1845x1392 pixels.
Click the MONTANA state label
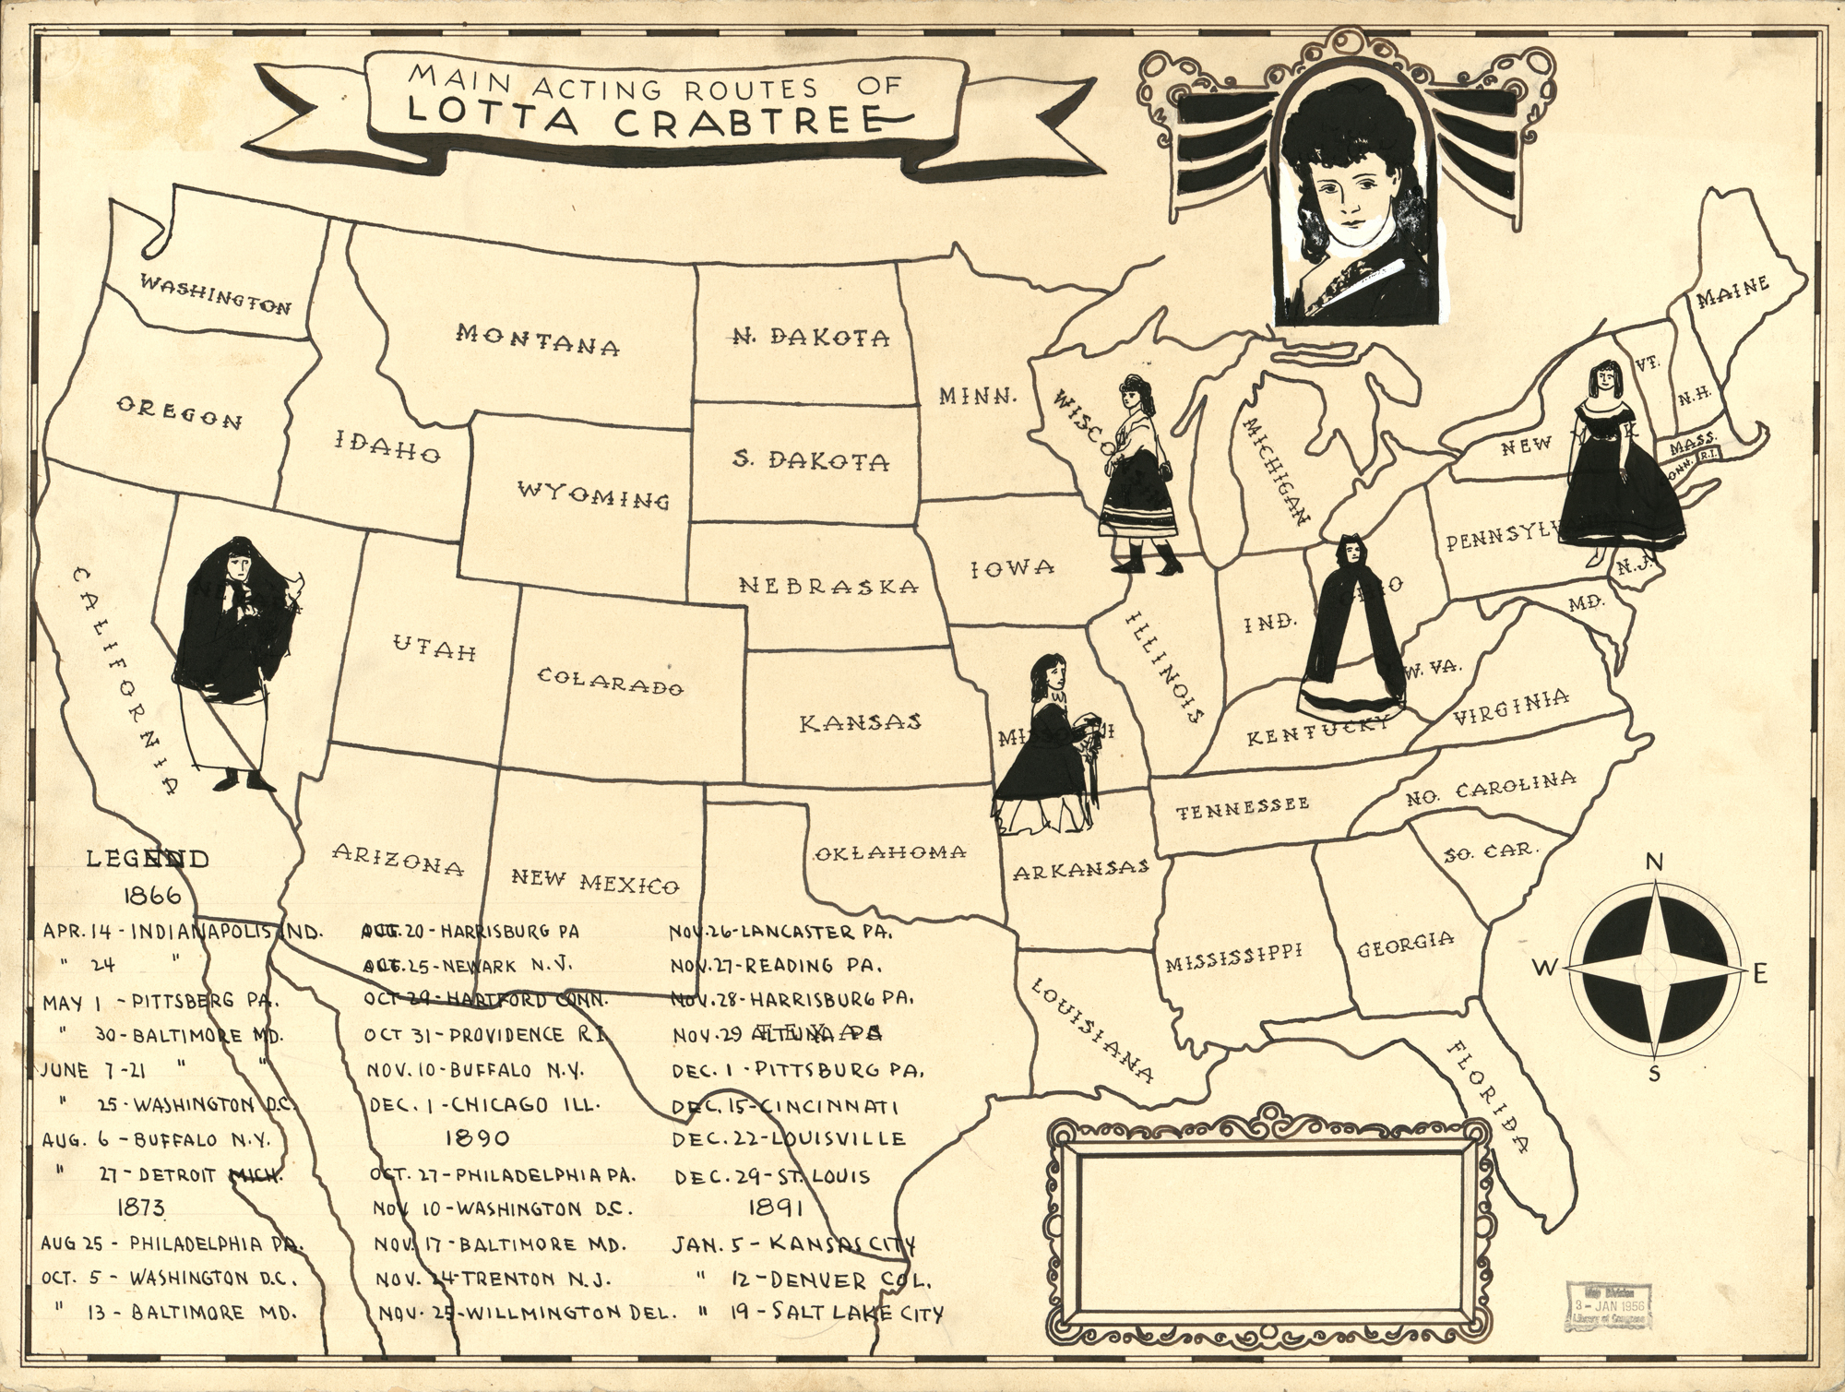(537, 339)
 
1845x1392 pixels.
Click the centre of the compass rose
(1657, 970)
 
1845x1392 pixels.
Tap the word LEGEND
(148, 859)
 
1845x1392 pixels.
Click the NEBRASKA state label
(828, 585)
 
